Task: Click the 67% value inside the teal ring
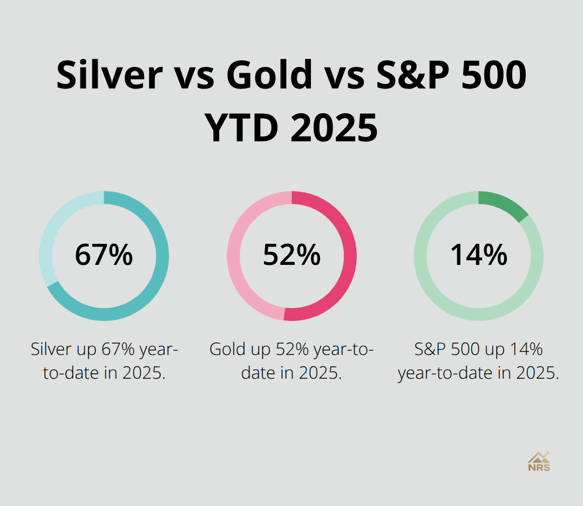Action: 104,255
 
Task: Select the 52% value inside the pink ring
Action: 291,255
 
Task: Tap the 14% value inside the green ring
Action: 479,255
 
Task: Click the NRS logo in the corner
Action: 539,462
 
